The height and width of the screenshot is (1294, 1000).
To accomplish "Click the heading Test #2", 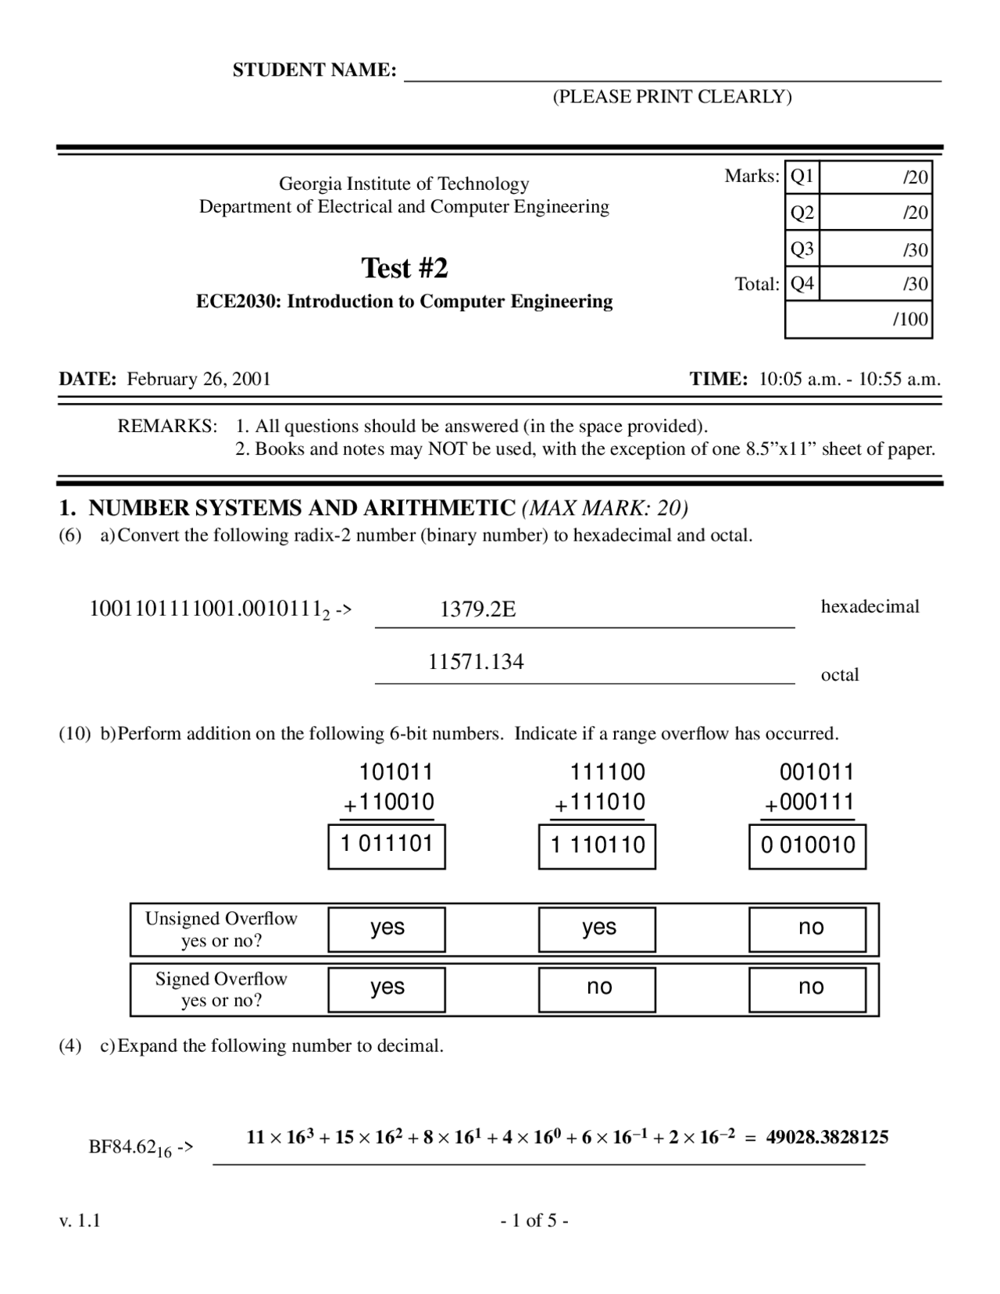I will (404, 268).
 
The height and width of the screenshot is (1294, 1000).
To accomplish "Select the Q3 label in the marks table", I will (802, 249).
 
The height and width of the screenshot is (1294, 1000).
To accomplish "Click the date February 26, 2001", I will (198, 379).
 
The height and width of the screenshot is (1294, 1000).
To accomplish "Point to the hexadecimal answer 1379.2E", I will (477, 609).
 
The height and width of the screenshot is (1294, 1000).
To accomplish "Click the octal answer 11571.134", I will (476, 662).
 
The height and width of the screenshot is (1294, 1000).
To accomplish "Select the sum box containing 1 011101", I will (387, 845).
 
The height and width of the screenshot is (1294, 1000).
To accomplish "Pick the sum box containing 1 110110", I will (598, 846).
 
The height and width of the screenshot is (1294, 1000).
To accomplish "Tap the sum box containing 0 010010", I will (808, 846).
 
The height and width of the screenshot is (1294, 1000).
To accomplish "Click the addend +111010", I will (599, 802).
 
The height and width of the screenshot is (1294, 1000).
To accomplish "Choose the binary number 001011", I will (816, 772).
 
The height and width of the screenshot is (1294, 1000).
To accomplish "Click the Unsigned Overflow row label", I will (221, 929).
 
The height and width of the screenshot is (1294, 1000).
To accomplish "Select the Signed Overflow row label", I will (221, 989).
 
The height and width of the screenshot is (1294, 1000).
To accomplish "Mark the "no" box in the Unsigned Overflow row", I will (808, 929).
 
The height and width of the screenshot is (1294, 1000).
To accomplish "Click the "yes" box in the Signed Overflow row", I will (387, 989).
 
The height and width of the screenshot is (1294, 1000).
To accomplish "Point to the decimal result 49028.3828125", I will (827, 1137).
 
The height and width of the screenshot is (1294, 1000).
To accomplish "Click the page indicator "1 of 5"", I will (534, 1221).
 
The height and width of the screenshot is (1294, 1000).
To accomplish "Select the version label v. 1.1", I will (80, 1221).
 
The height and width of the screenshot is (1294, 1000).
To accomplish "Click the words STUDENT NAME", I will (314, 70).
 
